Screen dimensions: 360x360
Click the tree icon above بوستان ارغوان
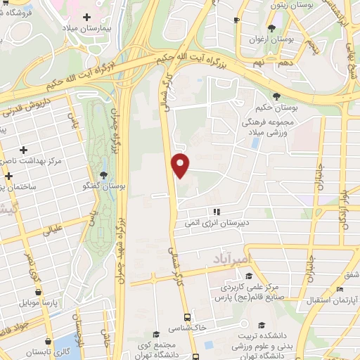[271, 29]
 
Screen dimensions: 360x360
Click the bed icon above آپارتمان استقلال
[340, 290]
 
